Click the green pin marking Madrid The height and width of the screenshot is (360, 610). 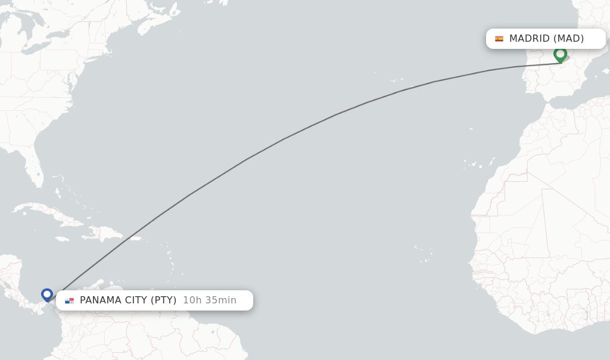(560, 54)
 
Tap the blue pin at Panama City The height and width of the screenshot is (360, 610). (47, 294)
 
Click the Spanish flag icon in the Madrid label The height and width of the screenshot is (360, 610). (499, 39)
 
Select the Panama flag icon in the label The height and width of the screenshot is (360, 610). (70, 300)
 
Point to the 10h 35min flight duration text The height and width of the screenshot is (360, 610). (210, 300)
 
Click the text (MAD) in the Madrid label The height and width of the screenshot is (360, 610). (568, 39)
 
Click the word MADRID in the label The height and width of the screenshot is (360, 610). (529, 39)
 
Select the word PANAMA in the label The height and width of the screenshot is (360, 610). (99, 300)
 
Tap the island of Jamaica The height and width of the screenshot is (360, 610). (62, 239)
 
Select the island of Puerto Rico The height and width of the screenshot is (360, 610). (135, 238)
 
